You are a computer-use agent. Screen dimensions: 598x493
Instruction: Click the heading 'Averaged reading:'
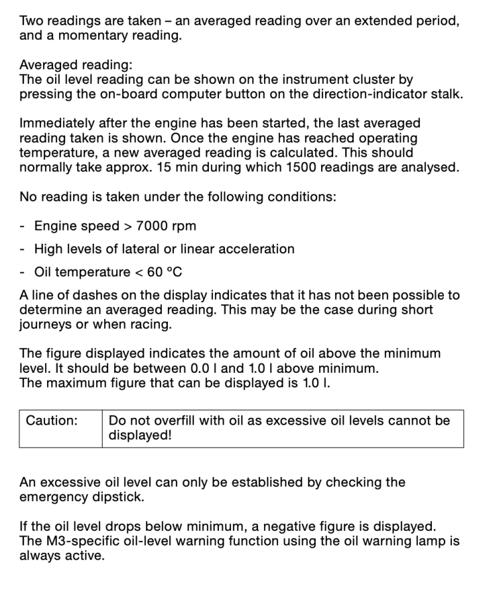[x=76, y=65]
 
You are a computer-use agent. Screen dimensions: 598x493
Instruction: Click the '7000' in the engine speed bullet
[x=153, y=226]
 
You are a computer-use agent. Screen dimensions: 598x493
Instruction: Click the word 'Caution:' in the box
[x=52, y=421]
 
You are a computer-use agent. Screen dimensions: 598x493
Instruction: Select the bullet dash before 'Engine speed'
[x=23, y=226]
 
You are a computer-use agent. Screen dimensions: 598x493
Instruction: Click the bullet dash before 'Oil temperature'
[x=23, y=272]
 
